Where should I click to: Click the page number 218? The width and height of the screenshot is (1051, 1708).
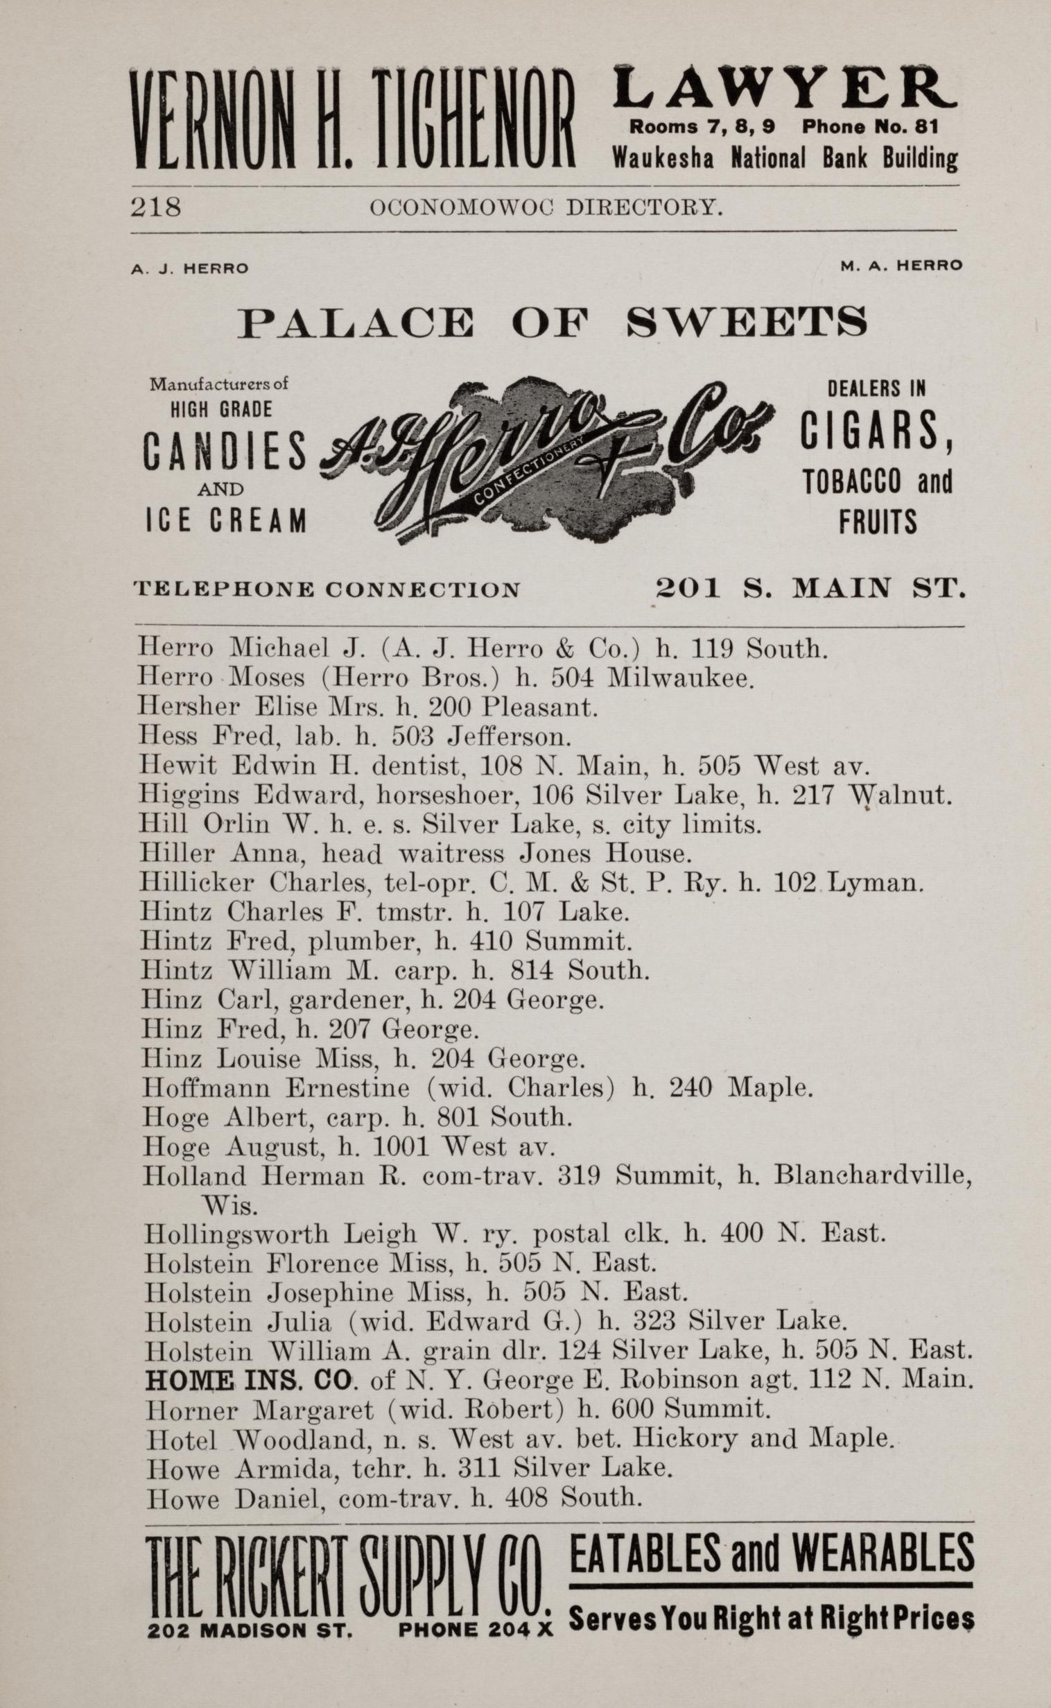point(156,207)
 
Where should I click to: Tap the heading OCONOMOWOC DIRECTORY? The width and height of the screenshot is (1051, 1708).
point(546,207)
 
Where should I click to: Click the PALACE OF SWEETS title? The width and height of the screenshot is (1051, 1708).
point(553,322)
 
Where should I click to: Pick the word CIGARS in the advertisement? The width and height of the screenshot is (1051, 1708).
point(875,431)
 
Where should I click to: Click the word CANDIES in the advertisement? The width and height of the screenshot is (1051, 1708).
point(225,451)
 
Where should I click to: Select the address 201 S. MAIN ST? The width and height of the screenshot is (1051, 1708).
point(810,589)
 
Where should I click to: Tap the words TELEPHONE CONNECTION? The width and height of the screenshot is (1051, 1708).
point(327,590)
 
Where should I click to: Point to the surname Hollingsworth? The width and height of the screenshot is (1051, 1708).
point(236,1234)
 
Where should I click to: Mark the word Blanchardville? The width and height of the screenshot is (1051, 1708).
point(872,1175)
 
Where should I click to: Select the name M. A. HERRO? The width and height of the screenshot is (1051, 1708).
point(901,265)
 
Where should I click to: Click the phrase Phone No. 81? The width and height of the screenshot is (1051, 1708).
point(869,126)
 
